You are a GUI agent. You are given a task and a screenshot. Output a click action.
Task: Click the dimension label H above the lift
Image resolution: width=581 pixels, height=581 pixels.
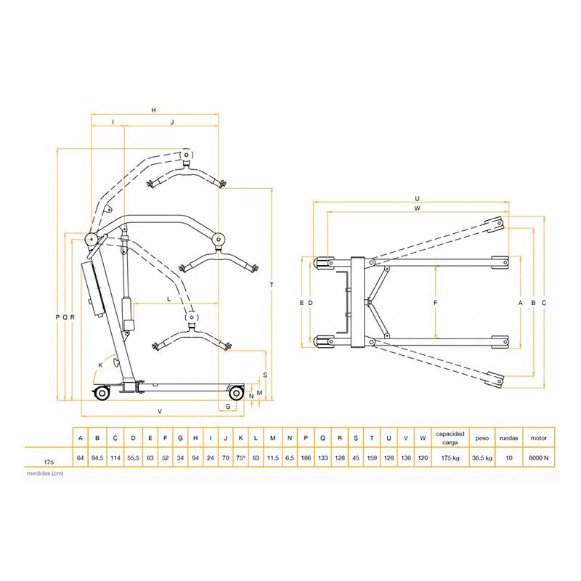coord(154,110)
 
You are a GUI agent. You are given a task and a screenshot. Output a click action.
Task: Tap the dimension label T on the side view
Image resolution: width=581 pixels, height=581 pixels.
coord(272,285)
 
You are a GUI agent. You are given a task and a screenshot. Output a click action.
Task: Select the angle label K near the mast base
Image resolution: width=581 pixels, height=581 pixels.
coord(100,365)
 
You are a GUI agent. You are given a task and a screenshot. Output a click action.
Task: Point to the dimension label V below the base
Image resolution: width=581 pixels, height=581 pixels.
coord(160,411)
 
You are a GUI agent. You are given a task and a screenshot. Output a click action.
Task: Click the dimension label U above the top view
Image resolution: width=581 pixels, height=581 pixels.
coord(417,199)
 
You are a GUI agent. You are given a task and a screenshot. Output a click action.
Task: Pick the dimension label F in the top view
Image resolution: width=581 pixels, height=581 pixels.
coord(436,303)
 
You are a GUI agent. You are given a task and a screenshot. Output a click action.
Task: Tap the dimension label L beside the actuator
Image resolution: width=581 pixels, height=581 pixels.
coord(169,299)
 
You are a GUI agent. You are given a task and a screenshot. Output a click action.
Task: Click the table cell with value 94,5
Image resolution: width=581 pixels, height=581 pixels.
coord(97,458)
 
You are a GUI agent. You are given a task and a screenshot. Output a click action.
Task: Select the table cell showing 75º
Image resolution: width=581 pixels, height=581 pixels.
coord(240,458)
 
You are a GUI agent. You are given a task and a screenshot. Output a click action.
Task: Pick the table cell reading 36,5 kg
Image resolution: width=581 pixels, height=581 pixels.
coord(482,458)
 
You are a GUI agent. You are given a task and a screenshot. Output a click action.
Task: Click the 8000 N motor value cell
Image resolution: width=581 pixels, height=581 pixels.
coord(539,458)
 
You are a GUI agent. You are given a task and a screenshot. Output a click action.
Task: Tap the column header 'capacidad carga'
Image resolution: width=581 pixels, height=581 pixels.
coord(450,438)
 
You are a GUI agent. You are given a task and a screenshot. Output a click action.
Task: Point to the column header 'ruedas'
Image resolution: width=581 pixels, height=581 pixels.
coord(509,438)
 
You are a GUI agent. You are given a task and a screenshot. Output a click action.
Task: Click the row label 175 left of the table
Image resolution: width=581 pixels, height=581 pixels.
coord(49,462)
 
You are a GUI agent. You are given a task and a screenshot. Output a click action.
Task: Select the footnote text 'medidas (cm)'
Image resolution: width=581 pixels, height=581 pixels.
coord(45,474)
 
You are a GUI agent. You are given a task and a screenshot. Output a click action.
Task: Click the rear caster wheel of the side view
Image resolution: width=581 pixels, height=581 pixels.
coord(102,393)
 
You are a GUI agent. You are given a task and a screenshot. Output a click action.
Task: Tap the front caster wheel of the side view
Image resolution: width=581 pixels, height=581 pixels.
coord(236,393)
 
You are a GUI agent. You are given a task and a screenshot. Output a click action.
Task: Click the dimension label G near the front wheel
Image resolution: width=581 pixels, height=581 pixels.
coord(228,407)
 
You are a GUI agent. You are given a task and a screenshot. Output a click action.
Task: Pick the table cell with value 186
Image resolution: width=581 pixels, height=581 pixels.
coord(306,458)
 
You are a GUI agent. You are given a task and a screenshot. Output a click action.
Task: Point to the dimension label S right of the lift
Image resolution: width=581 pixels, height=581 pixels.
coord(265,375)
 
